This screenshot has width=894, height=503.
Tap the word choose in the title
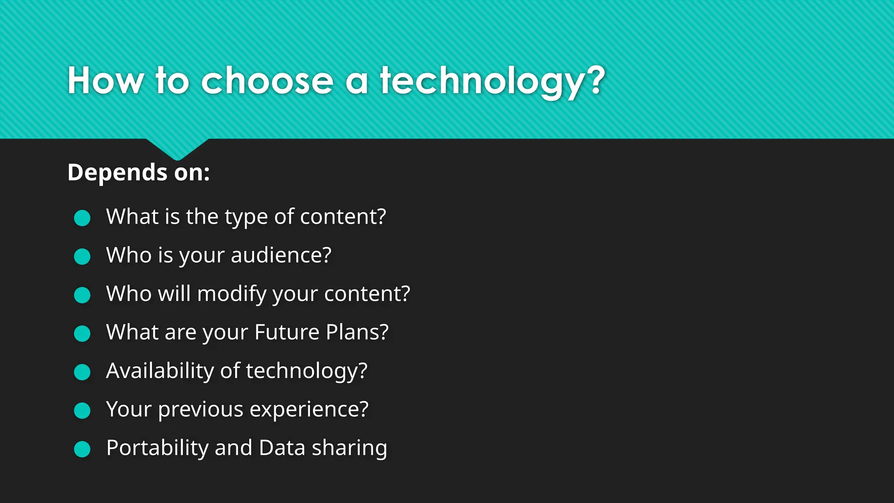(267, 81)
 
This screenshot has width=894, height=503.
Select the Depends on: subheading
(139, 172)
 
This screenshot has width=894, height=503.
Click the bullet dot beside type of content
(82, 218)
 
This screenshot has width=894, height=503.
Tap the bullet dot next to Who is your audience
(82, 256)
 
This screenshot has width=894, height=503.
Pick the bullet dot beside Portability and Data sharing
(82, 449)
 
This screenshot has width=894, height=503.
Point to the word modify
(232, 294)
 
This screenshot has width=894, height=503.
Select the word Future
(287, 332)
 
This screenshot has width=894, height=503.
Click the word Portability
(158, 448)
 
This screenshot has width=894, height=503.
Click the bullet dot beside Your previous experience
(82, 410)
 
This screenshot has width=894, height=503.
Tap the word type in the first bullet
(246, 217)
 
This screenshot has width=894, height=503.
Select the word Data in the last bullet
(282, 448)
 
